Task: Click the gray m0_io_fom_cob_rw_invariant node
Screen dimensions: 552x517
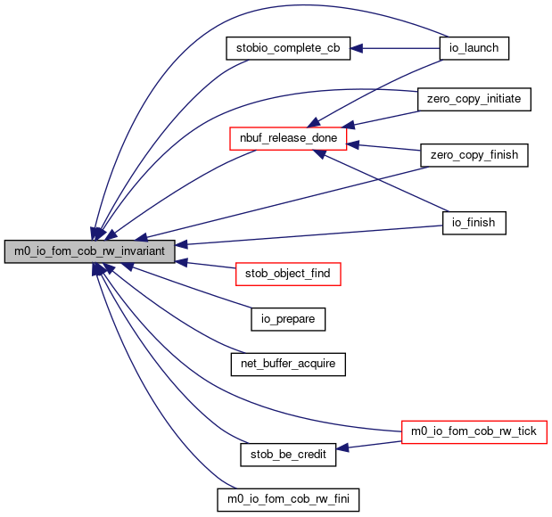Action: (90, 251)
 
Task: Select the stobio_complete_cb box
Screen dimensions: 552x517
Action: (288, 48)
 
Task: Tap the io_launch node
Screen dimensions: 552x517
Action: (474, 48)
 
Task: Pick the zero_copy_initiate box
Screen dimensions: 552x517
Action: (474, 99)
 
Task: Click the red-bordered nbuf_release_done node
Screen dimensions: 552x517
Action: (288, 138)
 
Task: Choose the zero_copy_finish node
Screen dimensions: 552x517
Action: (474, 155)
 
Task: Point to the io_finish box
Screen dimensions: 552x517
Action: (474, 223)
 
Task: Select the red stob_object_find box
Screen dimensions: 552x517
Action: (288, 274)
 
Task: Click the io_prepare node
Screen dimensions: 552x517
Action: (288, 319)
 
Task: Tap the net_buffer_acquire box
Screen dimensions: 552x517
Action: (288, 364)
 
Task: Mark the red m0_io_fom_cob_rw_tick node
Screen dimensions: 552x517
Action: (474, 431)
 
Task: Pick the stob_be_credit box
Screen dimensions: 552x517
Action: (288, 455)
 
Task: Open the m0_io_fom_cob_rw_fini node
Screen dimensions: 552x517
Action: (288, 499)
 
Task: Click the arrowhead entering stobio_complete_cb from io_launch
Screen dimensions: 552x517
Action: (357, 48)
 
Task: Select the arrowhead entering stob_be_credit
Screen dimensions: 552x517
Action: (342, 448)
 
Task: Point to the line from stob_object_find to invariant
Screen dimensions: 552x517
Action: (205, 265)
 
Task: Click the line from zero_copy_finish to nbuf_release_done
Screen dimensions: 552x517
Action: (383, 147)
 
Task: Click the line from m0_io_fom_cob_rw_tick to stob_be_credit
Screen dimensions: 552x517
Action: (368, 445)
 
